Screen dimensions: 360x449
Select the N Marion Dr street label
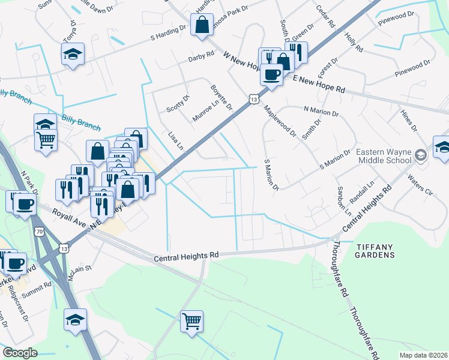(x=321, y=111)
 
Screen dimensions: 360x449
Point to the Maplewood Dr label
(x=280, y=122)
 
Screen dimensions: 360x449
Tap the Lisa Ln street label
(x=175, y=141)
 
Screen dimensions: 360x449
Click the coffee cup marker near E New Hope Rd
(x=271, y=75)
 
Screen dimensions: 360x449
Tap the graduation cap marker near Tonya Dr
(x=73, y=55)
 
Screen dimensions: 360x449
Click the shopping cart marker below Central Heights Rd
(x=191, y=321)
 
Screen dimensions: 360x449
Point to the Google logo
(x=20, y=353)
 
